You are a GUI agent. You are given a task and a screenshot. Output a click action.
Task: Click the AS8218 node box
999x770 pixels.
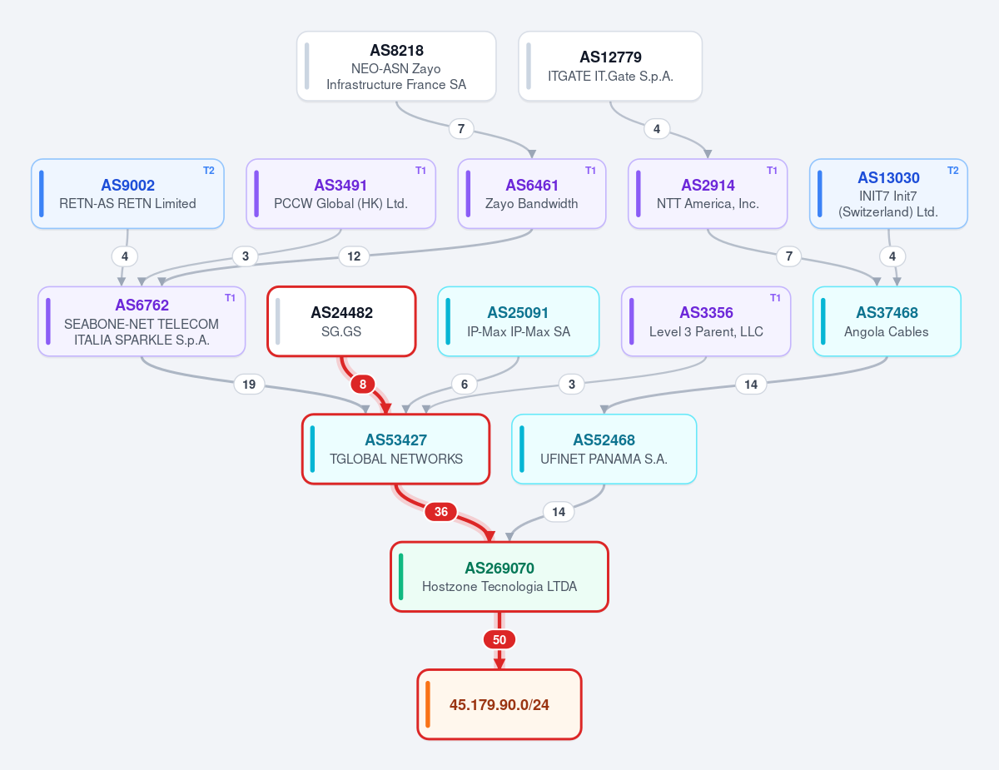coord(396,67)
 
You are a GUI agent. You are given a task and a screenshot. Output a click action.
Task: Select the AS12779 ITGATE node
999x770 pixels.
coord(610,67)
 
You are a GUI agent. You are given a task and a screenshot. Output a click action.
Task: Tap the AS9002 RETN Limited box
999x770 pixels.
coord(128,193)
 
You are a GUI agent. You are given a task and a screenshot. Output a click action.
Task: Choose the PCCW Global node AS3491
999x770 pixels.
coord(340,193)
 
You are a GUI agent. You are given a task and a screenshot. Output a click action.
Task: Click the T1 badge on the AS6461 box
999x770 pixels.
coord(590,171)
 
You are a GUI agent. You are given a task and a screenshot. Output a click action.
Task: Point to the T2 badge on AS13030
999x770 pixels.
coord(953,171)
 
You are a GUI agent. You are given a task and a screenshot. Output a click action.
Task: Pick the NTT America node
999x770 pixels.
coord(708,193)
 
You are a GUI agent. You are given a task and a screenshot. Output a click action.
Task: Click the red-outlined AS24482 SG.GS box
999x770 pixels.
coord(341,321)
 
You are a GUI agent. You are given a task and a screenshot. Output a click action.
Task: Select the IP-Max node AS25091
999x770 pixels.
coord(518,321)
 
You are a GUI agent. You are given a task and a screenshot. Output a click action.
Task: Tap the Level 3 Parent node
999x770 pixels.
coord(706,321)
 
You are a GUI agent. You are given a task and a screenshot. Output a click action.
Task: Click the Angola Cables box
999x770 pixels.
coord(887,321)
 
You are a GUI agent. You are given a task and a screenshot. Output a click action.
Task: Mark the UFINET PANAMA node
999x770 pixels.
coord(604,450)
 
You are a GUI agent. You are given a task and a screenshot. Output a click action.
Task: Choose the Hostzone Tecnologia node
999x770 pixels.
coord(499,577)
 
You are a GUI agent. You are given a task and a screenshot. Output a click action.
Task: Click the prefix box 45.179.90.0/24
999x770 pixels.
coord(499,704)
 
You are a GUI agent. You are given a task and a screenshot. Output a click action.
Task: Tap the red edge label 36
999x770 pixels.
coord(441,512)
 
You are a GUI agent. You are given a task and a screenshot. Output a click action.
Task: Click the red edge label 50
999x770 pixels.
coord(499,639)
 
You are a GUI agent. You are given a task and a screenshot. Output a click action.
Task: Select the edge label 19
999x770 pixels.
coord(249,385)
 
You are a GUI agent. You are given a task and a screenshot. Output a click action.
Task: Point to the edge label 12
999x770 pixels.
coord(354,256)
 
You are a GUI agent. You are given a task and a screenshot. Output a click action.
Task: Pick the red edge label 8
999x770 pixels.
coord(363,385)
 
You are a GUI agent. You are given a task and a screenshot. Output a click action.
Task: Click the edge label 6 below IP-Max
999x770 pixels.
coord(465,385)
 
